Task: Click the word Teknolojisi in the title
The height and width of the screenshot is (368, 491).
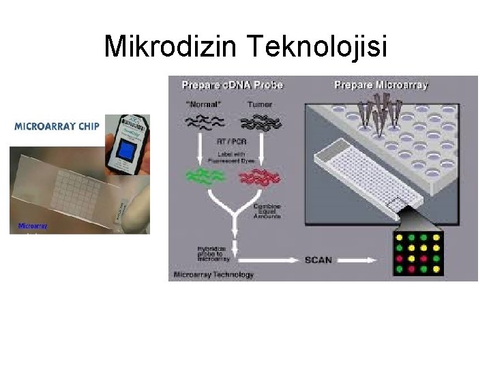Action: coord(318,46)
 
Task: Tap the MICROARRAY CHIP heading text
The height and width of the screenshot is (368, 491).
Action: coord(57,126)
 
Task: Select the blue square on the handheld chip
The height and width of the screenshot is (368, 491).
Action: coord(126,152)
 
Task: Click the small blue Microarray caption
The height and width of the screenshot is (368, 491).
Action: coord(32,226)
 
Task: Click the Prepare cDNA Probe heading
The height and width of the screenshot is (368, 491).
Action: coord(232,85)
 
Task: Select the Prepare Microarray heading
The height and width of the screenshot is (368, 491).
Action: coord(381,85)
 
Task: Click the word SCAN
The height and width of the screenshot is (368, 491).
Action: coord(318,260)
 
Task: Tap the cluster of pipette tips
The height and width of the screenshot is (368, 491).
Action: coord(382,109)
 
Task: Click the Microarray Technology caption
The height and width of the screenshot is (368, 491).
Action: coord(213,275)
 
